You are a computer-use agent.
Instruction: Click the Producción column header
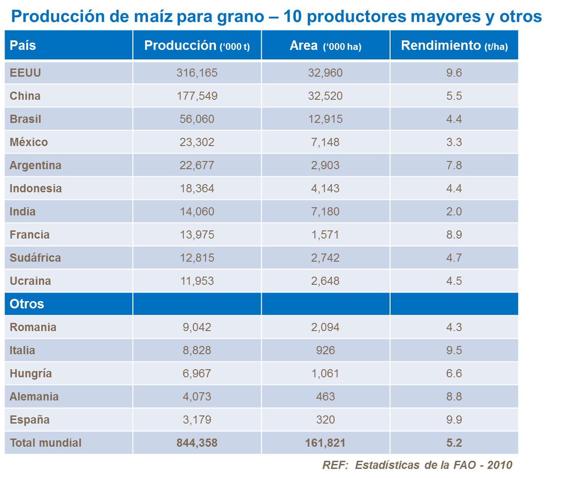pos(197,45)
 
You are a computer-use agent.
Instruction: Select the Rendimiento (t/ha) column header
pos(454,45)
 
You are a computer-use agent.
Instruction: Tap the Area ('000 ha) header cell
pos(325,45)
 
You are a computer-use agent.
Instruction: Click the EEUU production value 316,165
pos(197,73)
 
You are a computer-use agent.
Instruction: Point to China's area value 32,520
pos(325,96)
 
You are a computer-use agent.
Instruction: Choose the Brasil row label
pos(25,119)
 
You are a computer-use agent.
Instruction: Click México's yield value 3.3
pos(454,142)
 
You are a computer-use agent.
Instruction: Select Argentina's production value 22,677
pos(197,166)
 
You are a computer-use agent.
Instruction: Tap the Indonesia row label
pos(35,189)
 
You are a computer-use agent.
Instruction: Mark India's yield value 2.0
pos(454,212)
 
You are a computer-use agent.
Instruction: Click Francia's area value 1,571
pos(325,235)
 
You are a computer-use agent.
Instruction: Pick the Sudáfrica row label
pos(35,258)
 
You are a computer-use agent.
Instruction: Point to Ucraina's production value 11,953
pos(197,281)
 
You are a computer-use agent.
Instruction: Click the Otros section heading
pos(27,304)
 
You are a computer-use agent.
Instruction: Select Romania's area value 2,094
pos(325,327)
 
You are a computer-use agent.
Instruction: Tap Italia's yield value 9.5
pos(454,351)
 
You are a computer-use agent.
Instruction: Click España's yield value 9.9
pos(454,420)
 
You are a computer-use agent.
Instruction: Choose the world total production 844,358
pos(197,443)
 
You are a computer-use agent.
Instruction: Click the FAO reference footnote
pos(417,465)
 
